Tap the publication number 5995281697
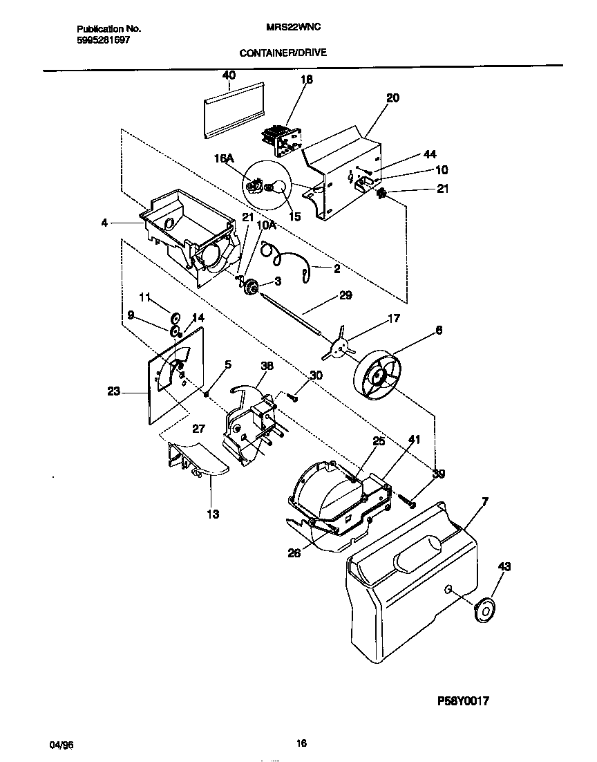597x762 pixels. coord(102,39)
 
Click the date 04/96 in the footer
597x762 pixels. coord(61,745)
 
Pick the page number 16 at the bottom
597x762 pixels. coord(301,744)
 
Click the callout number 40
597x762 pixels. coord(229,75)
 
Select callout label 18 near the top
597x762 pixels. coord(306,80)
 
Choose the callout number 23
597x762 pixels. coord(114,391)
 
